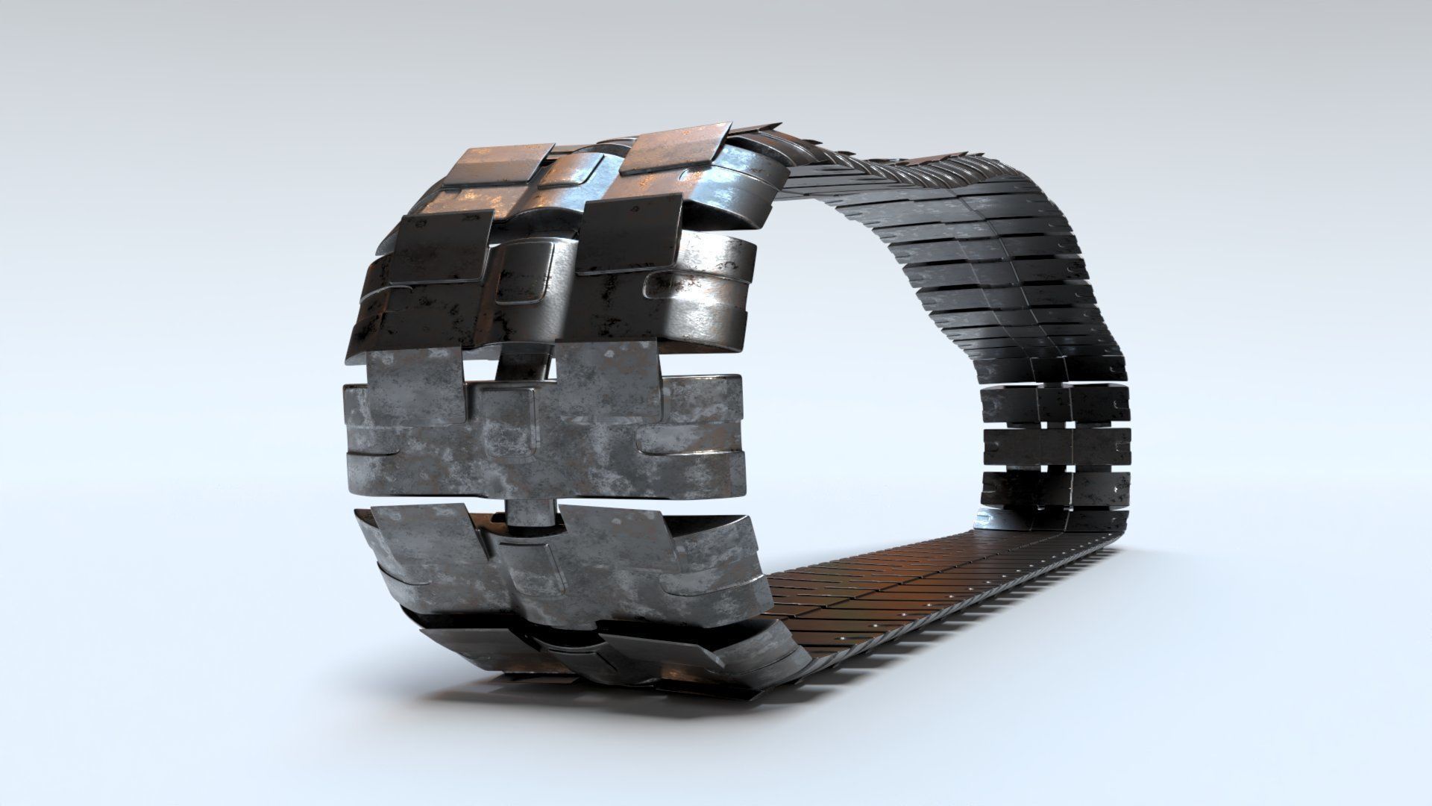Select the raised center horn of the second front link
pos(533,272)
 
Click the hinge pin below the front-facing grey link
pos(531,515)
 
